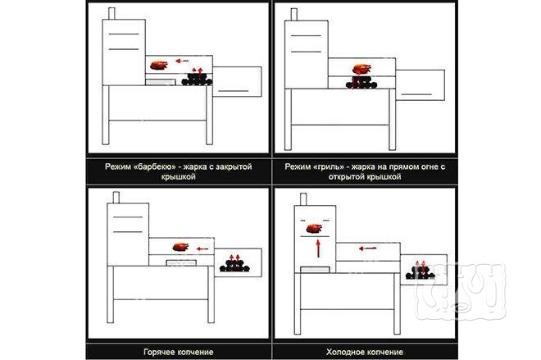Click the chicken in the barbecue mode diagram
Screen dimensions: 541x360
click(x=159, y=66)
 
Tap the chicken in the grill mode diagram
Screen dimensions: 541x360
click(x=362, y=68)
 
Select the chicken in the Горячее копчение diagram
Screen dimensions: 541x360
click(x=180, y=247)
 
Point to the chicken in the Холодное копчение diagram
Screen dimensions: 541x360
click(x=314, y=228)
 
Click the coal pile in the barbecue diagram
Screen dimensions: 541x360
click(x=197, y=80)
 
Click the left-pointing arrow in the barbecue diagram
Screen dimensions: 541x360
click(x=182, y=61)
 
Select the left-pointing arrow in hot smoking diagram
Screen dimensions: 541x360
click(x=202, y=248)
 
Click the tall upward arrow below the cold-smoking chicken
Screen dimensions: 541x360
click(x=318, y=248)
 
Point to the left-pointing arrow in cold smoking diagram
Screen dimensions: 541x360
click(x=367, y=248)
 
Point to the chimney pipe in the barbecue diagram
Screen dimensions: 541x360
click(x=111, y=13)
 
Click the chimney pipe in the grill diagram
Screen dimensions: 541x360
click(x=294, y=15)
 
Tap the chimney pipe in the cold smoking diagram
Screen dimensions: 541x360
click(x=303, y=199)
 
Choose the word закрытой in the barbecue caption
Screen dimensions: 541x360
click(x=234, y=166)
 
